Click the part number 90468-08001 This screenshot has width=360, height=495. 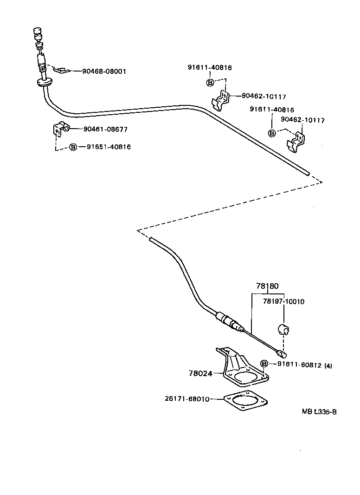tap(104, 72)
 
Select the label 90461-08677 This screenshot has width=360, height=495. tap(106, 129)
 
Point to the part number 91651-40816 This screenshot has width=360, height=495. tap(109, 147)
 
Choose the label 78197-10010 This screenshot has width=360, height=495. tap(283, 301)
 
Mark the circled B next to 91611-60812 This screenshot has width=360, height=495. tap(264, 364)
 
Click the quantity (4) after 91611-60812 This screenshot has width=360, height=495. tap(328, 365)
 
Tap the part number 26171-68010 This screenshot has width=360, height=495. tap(187, 398)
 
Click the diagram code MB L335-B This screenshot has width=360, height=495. tap(319, 411)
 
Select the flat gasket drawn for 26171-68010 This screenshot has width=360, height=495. tap(246, 400)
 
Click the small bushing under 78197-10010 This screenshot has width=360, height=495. tap(283, 330)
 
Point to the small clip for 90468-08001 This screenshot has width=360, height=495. tap(61, 71)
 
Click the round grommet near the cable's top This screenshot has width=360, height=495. tap(45, 83)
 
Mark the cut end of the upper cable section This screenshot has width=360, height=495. tap(308, 174)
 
